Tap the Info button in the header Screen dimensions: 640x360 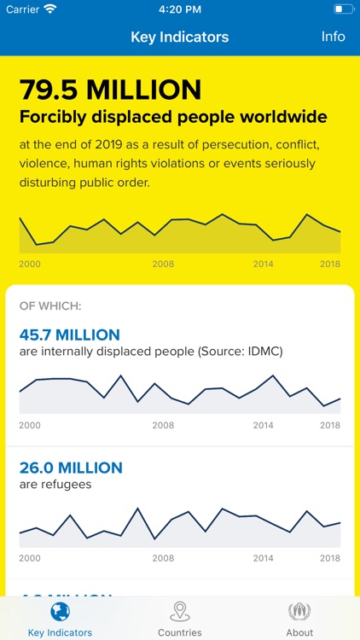(x=333, y=37)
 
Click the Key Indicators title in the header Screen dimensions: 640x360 (x=179, y=38)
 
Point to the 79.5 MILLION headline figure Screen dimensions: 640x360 (x=110, y=90)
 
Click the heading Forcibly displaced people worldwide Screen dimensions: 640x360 (x=173, y=117)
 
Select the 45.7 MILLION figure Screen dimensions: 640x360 (x=70, y=335)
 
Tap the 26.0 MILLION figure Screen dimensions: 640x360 (x=71, y=468)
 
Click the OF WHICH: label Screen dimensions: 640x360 (x=50, y=305)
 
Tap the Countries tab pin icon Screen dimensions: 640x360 (x=180, y=611)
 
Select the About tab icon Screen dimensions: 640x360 (x=299, y=611)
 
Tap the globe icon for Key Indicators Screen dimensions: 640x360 (x=60, y=611)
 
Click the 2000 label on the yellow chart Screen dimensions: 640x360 (x=30, y=265)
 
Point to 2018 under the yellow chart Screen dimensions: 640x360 (x=330, y=265)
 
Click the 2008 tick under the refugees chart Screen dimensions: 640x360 (x=163, y=558)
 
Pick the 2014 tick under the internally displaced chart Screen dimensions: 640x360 (x=264, y=425)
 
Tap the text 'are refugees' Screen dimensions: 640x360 (x=55, y=485)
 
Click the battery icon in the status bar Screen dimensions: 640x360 (x=343, y=9)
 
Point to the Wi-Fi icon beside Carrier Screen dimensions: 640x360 (x=50, y=9)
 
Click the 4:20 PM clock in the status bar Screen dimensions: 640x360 (x=179, y=9)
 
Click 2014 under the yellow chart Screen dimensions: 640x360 (x=264, y=265)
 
